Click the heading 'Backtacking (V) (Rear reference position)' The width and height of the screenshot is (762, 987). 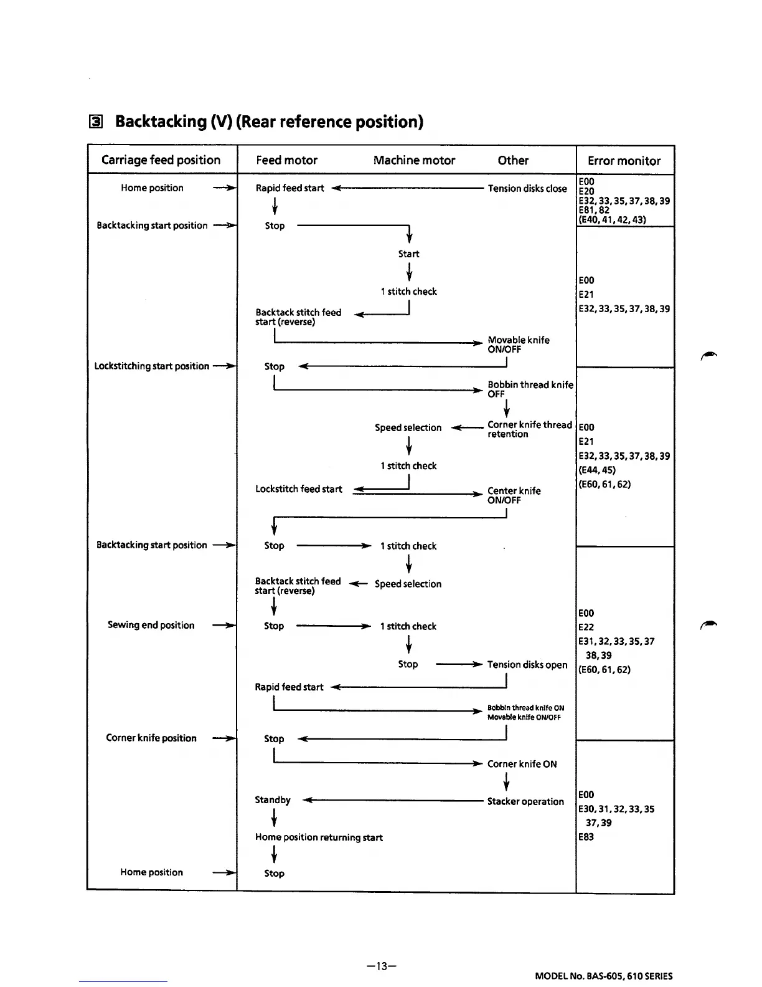pyautogui.click(x=269, y=122)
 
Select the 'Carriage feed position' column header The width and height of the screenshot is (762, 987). pyautogui.click(x=161, y=160)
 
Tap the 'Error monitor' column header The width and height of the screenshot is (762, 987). pyautogui.click(x=624, y=161)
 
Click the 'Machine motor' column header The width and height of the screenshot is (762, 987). pyautogui.click(x=414, y=160)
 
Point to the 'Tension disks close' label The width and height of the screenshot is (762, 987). pyautogui.click(x=527, y=188)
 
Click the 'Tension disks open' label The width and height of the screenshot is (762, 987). pyautogui.click(x=527, y=664)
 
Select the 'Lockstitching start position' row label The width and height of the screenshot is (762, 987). pyautogui.click(x=151, y=366)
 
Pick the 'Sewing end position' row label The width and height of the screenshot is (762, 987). pyautogui.click(x=151, y=625)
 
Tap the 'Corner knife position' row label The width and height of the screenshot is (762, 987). pyautogui.click(x=151, y=738)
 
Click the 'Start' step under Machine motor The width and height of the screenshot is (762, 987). pyautogui.click(x=408, y=254)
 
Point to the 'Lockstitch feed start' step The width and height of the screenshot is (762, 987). pyautogui.click(x=298, y=489)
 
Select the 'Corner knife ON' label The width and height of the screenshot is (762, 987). pyautogui.click(x=522, y=764)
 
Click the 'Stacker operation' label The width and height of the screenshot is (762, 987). pyautogui.click(x=525, y=801)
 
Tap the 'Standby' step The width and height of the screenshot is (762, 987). pyautogui.click(x=273, y=800)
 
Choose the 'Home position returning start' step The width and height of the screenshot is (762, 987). pyautogui.click(x=318, y=837)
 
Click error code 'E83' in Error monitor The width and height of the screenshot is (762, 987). pyautogui.click(x=586, y=837)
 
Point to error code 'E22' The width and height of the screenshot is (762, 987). pyautogui.click(x=586, y=627)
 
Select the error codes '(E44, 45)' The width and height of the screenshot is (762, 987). pyautogui.click(x=596, y=470)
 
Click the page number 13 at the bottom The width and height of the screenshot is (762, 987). pyautogui.click(x=382, y=966)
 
